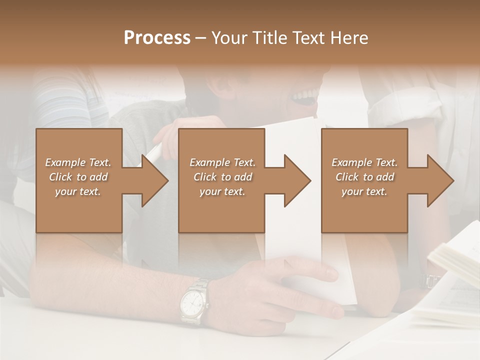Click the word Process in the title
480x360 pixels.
(x=157, y=38)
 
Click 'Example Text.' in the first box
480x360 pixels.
(x=78, y=162)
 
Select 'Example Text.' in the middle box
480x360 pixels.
(x=222, y=162)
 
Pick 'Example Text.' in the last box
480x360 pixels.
(x=364, y=162)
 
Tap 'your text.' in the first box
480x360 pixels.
(x=78, y=191)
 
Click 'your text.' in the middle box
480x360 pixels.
(x=222, y=191)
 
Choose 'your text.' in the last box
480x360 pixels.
(x=364, y=191)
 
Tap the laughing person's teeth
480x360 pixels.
(x=306, y=93)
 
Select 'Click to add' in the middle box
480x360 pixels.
(x=222, y=177)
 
